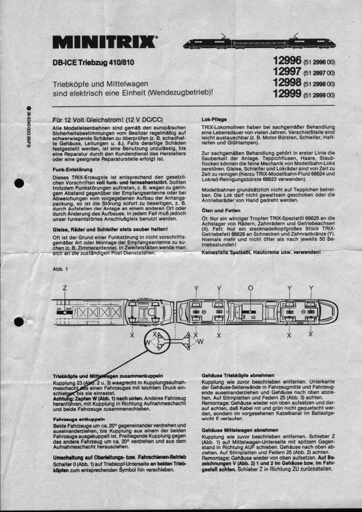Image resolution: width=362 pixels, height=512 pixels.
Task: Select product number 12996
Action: click(287, 61)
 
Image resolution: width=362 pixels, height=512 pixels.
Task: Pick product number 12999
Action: click(287, 94)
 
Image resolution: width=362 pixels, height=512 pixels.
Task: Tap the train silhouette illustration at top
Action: click(260, 43)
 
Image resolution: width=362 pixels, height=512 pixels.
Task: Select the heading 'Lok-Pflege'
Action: click(214, 119)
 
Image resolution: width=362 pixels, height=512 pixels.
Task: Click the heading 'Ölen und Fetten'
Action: click(221, 211)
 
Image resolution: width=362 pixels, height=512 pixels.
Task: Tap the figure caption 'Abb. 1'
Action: click(60, 269)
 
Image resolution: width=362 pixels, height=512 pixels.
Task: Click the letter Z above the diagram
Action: click(65, 288)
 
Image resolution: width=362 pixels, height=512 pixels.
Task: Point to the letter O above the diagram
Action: click(251, 288)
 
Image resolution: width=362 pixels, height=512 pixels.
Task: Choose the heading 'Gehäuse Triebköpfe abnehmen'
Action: click(238, 375)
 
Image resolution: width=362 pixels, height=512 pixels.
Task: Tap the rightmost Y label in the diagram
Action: click(311, 288)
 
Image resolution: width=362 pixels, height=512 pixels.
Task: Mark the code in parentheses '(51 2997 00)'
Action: click(319, 72)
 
